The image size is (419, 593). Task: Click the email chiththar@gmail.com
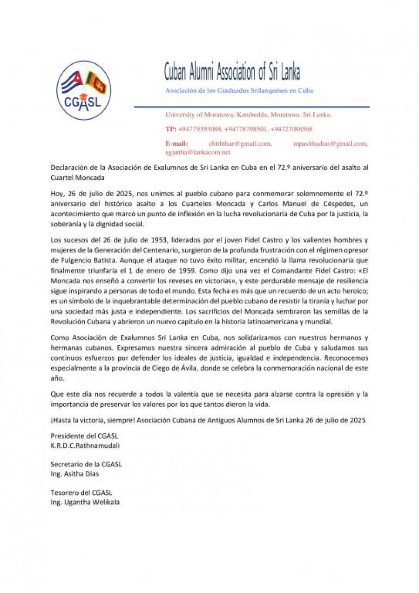coord(240,144)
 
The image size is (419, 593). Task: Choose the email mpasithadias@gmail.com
coord(331,144)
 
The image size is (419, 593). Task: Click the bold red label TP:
coord(170,129)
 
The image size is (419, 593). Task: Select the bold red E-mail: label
coord(176,144)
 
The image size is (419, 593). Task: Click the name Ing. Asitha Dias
coord(74,473)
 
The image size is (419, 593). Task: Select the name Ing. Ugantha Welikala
coord(85,502)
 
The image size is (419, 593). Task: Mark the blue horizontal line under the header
coord(251,107)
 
